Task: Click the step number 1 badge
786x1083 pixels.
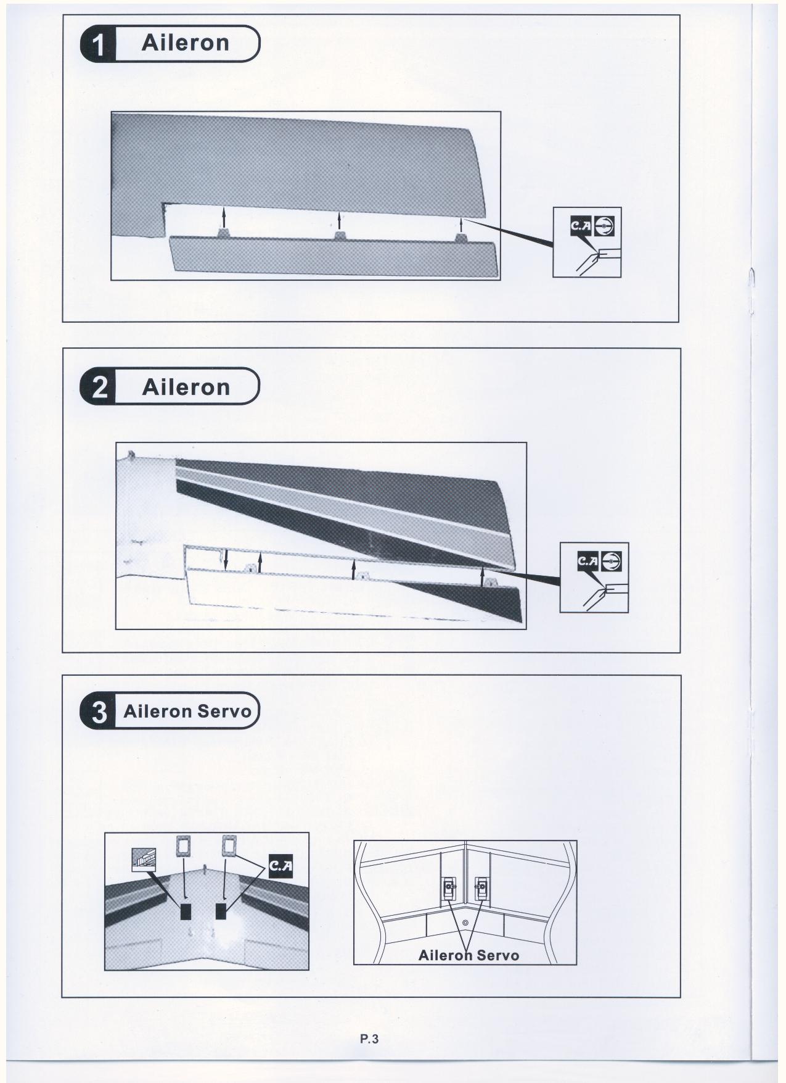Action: pyautogui.click(x=99, y=44)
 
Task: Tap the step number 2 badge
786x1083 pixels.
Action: pyautogui.click(x=99, y=387)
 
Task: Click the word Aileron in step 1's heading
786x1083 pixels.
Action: pyautogui.click(x=186, y=43)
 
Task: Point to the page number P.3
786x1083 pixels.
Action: pyautogui.click(x=369, y=1039)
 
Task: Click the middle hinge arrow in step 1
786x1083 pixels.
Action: pyautogui.click(x=338, y=221)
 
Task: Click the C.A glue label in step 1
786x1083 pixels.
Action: pyautogui.click(x=581, y=228)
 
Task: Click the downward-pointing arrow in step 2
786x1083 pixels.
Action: pyautogui.click(x=226, y=559)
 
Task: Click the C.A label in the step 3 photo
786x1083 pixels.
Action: pyautogui.click(x=280, y=866)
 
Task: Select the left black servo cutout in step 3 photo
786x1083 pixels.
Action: pyautogui.click(x=186, y=911)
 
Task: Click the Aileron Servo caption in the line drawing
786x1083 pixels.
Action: pyautogui.click(x=469, y=955)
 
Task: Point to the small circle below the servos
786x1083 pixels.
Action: pyautogui.click(x=465, y=922)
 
